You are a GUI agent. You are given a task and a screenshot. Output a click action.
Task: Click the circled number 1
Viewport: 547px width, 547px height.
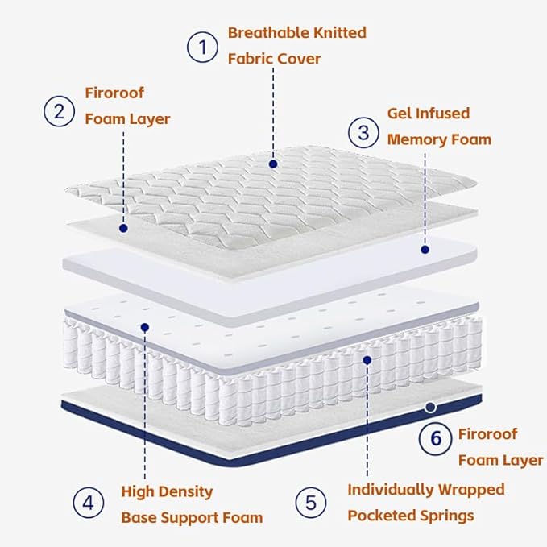tap(203, 47)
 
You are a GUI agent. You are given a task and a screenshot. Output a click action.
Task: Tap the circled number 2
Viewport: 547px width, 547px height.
tap(59, 110)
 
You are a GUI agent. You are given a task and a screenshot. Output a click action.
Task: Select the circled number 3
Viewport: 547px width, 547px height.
tap(363, 131)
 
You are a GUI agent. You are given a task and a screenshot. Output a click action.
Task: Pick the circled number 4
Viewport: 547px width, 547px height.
tap(88, 503)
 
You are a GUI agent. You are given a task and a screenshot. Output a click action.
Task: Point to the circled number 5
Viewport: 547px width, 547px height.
tap(310, 503)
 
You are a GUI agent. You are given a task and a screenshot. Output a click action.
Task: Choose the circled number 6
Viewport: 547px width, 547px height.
tap(436, 438)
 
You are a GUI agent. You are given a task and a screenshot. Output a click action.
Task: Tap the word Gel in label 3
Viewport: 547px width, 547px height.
tap(402, 114)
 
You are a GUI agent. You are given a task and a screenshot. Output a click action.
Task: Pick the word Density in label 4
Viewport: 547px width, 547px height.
tap(185, 491)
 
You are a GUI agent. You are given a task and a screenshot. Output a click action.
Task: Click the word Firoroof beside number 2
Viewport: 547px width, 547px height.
tap(114, 93)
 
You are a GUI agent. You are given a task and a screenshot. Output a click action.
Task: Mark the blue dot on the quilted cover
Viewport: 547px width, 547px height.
tap(273, 164)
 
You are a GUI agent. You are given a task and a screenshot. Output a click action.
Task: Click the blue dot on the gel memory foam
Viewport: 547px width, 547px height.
tap(425, 250)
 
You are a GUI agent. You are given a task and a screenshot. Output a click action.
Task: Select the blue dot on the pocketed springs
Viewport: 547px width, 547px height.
tap(367, 360)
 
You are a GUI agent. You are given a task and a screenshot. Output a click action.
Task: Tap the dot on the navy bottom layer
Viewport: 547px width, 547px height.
tap(431, 408)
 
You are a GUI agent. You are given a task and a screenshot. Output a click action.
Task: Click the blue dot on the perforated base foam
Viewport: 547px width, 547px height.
tap(145, 327)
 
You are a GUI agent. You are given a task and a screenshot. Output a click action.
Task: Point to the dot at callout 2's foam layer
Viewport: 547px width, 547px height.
tap(123, 228)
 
